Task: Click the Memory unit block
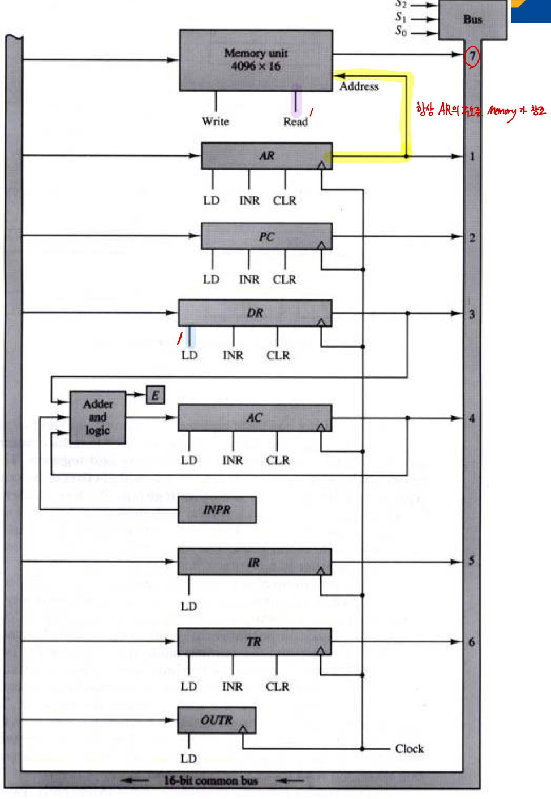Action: [256, 60]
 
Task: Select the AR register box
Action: [266, 156]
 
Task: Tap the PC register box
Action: [266, 236]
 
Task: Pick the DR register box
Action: [255, 312]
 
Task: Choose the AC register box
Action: [255, 418]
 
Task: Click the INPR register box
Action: [217, 510]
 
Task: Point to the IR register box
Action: [254, 562]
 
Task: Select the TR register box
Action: [254, 642]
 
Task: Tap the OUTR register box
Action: [217, 720]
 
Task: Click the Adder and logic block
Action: [97, 418]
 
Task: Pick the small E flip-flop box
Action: [155, 394]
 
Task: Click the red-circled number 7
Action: [472, 56]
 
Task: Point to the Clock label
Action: [410, 749]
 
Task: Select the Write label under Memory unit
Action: [215, 121]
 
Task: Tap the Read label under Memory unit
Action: [295, 121]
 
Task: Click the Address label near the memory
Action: [359, 86]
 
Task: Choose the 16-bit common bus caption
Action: [210, 781]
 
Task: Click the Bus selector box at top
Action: [473, 19]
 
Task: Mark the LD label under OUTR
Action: [188, 758]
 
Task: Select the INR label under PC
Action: [249, 280]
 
